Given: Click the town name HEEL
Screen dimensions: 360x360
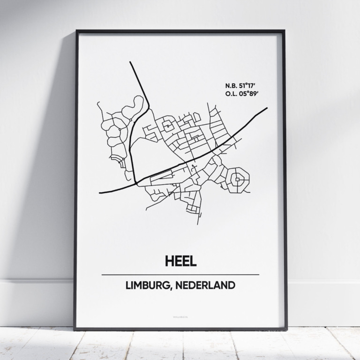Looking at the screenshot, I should [x=180, y=261].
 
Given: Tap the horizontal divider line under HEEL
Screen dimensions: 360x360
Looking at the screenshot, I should [x=180, y=275].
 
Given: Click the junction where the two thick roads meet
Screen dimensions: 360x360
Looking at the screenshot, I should [x=136, y=183].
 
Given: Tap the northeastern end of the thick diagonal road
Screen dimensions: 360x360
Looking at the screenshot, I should [x=267, y=108].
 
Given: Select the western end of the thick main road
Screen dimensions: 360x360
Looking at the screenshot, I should [x=100, y=192].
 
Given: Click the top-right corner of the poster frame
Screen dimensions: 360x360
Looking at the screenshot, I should [x=284, y=31].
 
